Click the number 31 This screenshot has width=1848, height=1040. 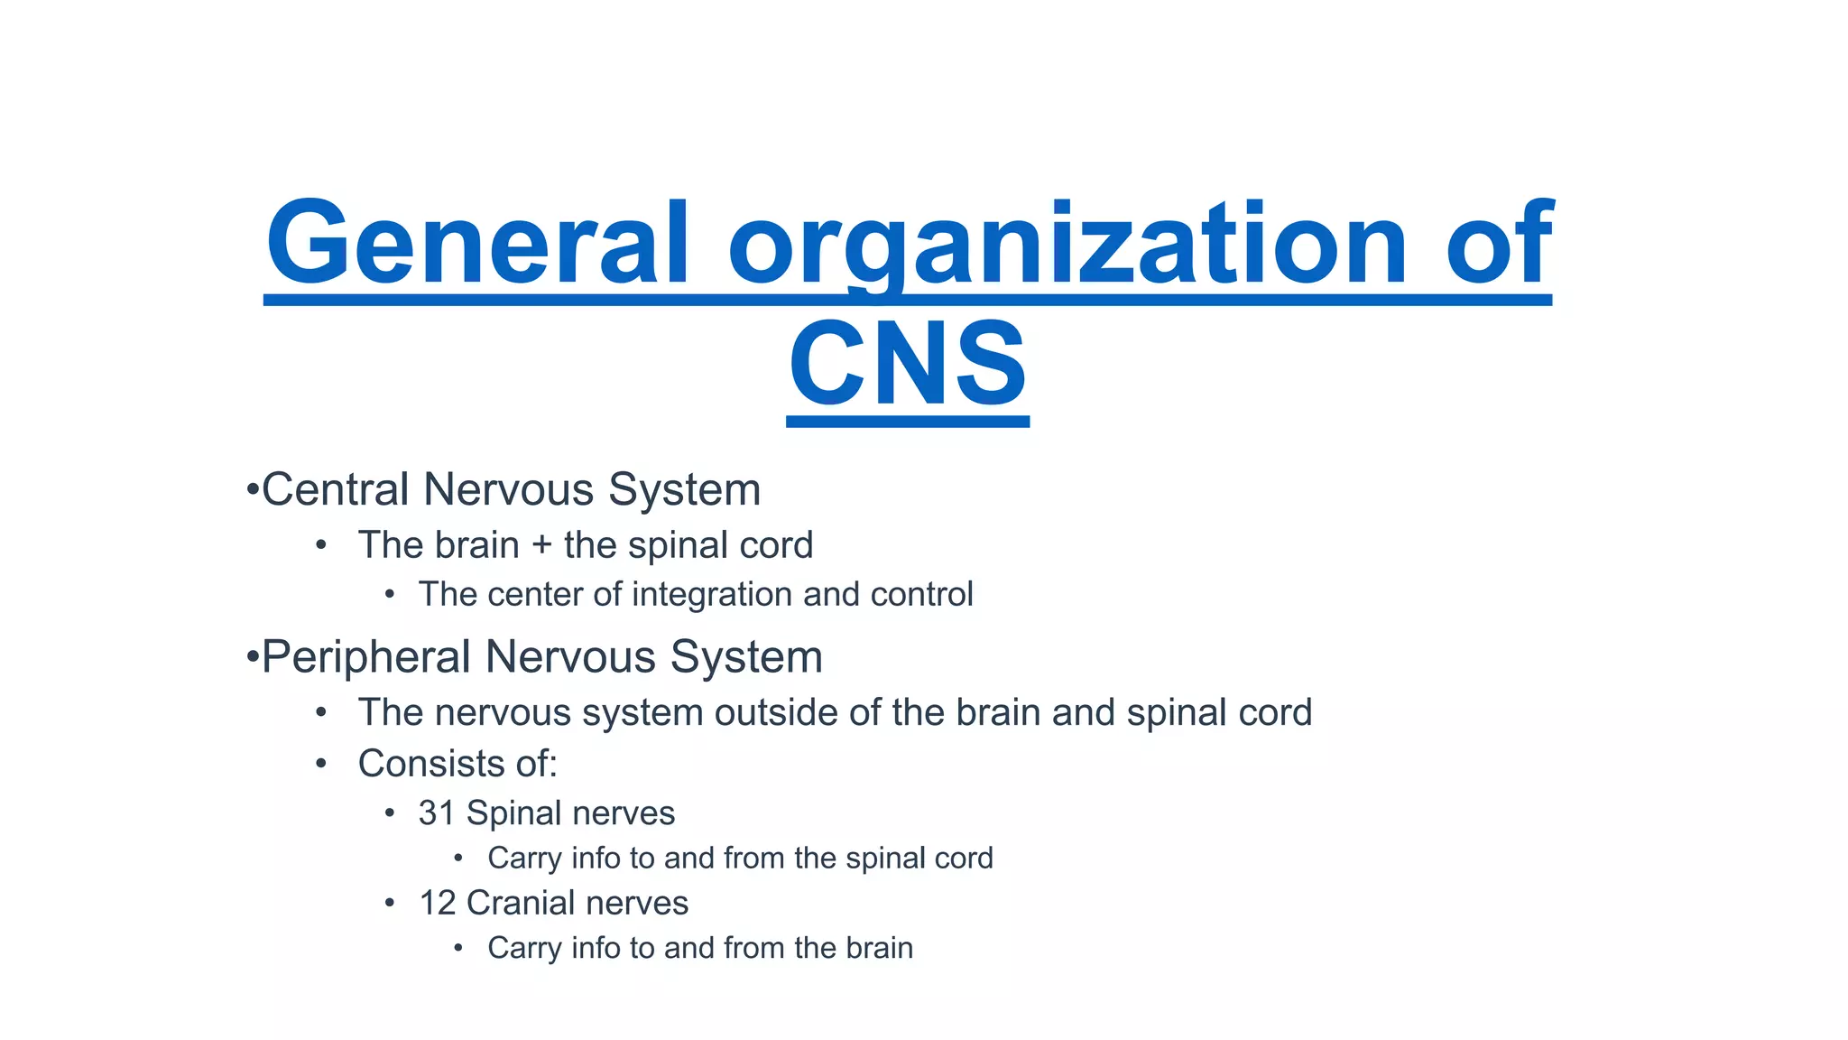click(x=437, y=813)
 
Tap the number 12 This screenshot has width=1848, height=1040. click(x=438, y=904)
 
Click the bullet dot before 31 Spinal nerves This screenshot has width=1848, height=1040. click(x=390, y=814)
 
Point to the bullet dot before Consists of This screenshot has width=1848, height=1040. click(x=321, y=764)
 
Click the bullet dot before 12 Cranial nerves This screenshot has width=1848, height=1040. click(x=390, y=904)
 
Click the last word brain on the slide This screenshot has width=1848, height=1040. click(x=879, y=948)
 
